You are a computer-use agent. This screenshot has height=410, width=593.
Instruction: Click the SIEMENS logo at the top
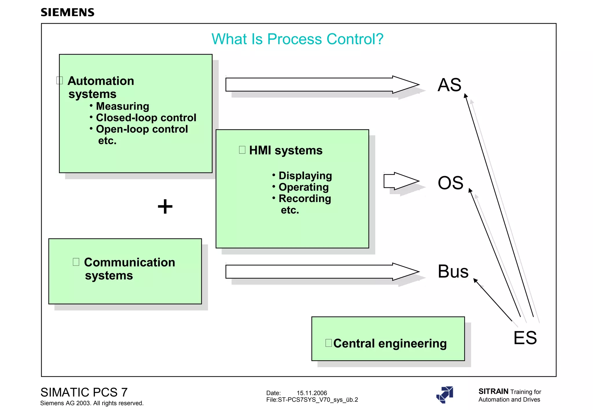pyautogui.click(x=67, y=12)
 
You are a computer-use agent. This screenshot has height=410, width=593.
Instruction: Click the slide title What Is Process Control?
pyautogui.click(x=297, y=39)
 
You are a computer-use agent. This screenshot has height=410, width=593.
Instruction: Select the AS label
pyautogui.click(x=449, y=85)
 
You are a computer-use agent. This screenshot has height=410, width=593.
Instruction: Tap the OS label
pyautogui.click(x=451, y=183)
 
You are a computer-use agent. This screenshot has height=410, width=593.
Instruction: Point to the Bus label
pyautogui.click(x=453, y=272)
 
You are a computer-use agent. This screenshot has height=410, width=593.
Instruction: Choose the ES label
pyautogui.click(x=525, y=338)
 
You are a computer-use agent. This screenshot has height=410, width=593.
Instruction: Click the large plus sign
pyautogui.click(x=165, y=206)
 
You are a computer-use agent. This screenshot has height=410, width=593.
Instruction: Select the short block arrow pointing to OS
pyautogui.click(x=401, y=181)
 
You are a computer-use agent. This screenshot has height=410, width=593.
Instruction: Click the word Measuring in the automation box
pyautogui.click(x=122, y=106)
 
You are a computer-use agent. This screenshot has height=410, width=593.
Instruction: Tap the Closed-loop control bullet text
pyautogui.click(x=146, y=118)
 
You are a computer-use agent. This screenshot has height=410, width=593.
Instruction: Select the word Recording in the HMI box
pyautogui.click(x=305, y=199)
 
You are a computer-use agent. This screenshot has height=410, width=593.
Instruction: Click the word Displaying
pyautogui.click(x=305, y=176)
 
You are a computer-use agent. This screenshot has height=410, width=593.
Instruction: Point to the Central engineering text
pyautogui.click(x=390, y=343)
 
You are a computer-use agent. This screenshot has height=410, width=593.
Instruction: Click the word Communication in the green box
pyautogui.click(x=129, y=263)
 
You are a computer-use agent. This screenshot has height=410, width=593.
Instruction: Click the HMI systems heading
pyautogui.click(x=285, y=151)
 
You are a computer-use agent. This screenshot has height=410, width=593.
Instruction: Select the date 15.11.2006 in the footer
pyautogui.click(x=312, y=393)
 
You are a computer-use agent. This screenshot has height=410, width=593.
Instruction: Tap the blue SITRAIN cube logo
pyautogui.click(x=445, y=395)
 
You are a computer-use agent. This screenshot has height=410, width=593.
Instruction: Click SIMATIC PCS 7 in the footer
pyautogui.click(x=84, y=392)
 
